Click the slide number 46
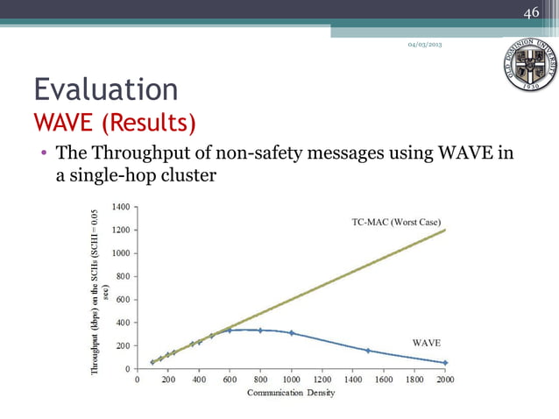[x=531, y=12]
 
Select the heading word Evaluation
[x=105, y=89]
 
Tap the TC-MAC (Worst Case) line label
[x=395, y=222]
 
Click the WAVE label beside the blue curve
[x=426, y=342]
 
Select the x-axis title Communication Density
[x=290, y=393]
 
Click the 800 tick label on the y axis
[x=122, y=276]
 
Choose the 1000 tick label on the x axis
[x=291, y=380]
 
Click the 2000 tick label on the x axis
[x=445, y=380]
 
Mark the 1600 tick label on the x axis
[x=384, y=380]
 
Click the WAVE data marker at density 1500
[x=368, y=351]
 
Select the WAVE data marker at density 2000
[x=445, y=363]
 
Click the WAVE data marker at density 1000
[x=291, y=333]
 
